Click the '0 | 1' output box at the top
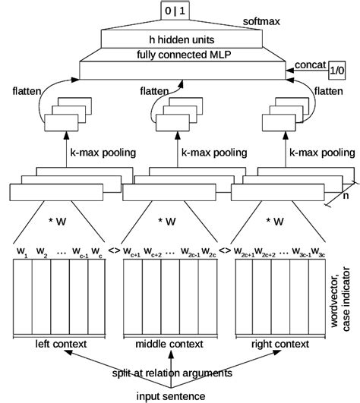pos(178,11)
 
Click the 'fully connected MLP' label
pos(179,55)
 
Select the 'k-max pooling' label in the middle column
pos(210,153)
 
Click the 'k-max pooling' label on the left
pos(103,153)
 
